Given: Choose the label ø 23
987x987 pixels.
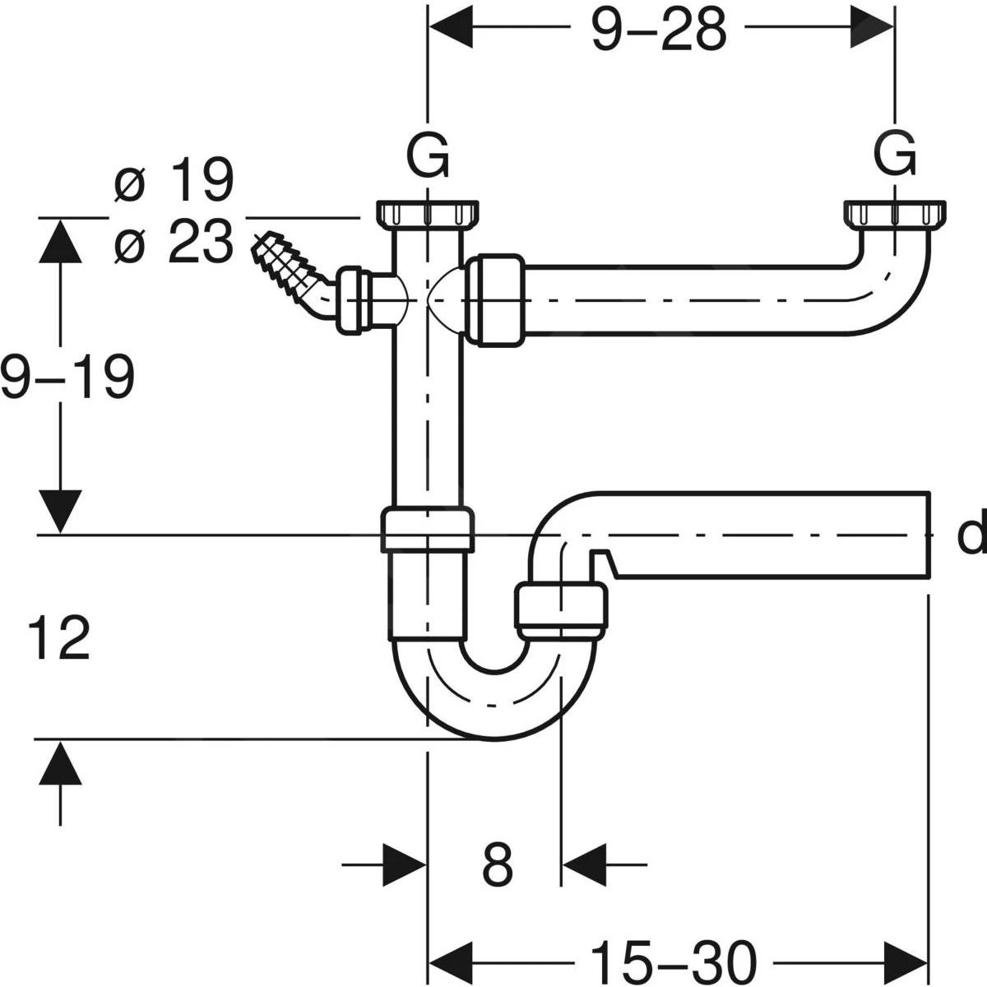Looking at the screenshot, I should point(174,243).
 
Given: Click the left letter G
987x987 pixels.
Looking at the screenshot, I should point(429,155).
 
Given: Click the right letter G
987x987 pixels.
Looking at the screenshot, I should point(894,155).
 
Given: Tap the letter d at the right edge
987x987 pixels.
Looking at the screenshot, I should point(972,535).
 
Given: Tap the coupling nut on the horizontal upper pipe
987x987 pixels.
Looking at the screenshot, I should point(494,299).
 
